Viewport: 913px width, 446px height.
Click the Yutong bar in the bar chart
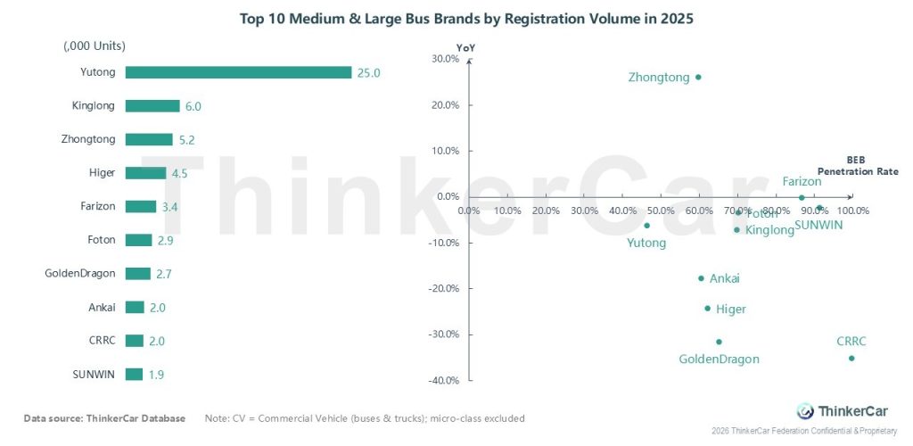coord(238,72)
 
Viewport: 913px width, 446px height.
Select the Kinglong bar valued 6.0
coord(152,106)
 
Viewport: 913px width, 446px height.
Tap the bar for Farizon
coord(141,207)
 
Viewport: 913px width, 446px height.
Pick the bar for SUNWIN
coord(134,375)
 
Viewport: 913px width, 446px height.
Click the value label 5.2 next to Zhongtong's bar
coord(186,140)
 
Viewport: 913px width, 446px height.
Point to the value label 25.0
coord(368,73)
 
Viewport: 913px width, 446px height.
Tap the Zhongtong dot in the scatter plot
coord(698,77)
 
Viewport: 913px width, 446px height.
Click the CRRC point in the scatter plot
coord(851,359)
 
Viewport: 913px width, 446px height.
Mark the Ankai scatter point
coord(701,278)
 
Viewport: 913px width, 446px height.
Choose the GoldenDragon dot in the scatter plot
coord(719,342)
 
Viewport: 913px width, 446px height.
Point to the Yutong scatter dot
coord(646,226)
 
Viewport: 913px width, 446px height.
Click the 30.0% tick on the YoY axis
coord(444,59)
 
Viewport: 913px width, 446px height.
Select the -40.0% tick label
coord(442,381)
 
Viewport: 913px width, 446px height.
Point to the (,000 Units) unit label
coord(95,45)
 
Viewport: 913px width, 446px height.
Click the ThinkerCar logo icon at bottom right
coord(805,411)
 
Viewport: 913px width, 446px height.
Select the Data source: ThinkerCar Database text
coord(104,418)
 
